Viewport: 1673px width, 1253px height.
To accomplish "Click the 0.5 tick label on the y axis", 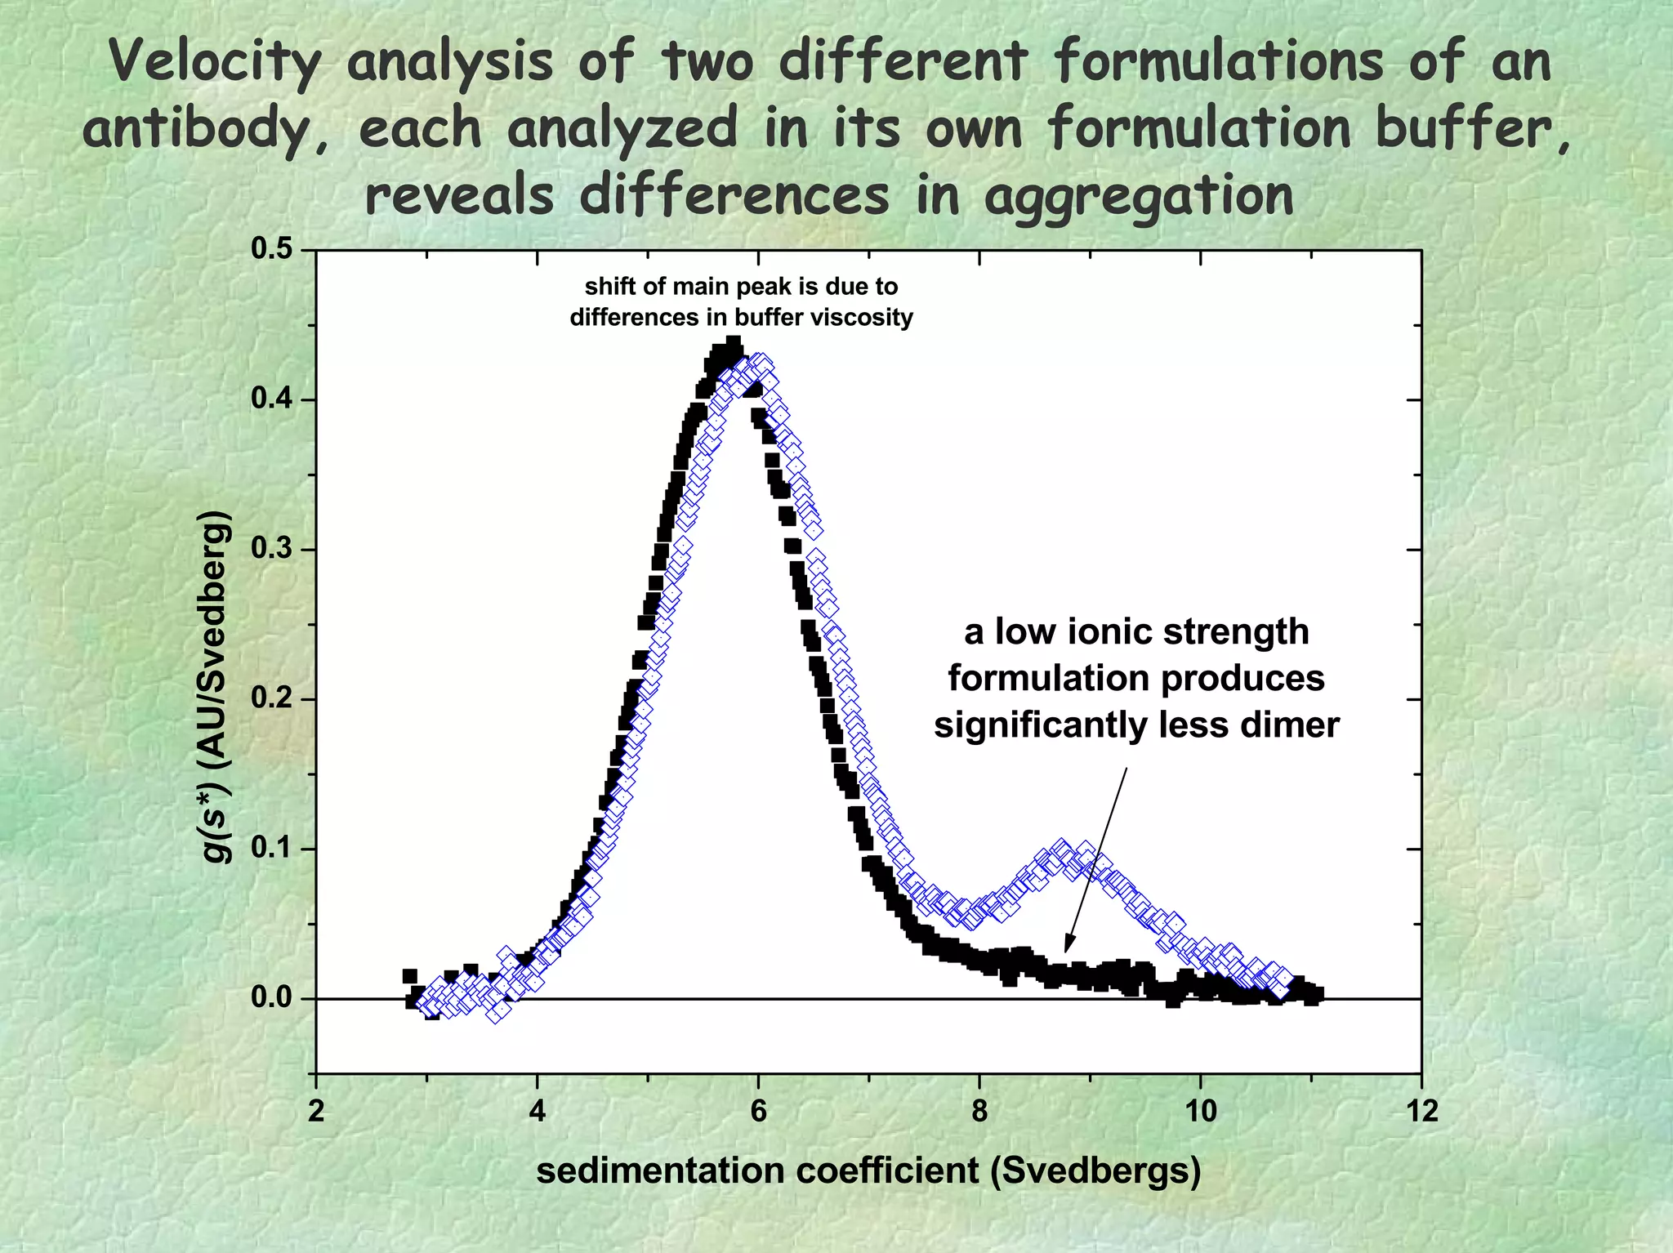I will [x=271, y=250].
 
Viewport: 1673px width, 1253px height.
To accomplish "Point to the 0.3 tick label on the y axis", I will [x=271, y=549].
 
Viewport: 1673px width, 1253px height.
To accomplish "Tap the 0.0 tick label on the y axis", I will [x=271, y=998].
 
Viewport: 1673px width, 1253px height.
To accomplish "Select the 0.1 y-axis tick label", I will [x=271, y=849].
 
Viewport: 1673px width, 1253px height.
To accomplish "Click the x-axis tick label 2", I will [x=316, y=1112].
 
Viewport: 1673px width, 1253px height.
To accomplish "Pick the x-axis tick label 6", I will [x=758, y=1112].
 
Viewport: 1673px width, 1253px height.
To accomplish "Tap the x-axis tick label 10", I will [x=1200, y=1112].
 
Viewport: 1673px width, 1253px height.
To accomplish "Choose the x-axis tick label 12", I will [x=1421, y=1112].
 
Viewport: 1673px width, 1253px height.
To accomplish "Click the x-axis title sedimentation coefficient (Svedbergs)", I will [x=868, y=1171].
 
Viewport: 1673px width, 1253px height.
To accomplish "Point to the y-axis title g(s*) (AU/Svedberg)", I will [x=216, y=686].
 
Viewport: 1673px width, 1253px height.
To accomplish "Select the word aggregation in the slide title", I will [x=1139, y=196].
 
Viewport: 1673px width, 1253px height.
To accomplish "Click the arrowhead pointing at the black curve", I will [x=1067, y=948].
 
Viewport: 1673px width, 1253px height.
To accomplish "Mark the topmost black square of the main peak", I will [x=733, y=343].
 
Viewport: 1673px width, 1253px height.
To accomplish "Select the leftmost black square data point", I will [x=409, y=976].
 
